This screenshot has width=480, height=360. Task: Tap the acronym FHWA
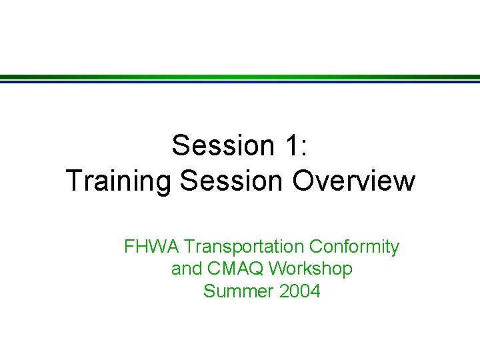[152, 247]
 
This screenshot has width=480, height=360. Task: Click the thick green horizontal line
[240, 77]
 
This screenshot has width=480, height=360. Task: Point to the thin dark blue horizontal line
[240, 82]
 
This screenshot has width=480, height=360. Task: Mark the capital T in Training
[74, 181]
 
